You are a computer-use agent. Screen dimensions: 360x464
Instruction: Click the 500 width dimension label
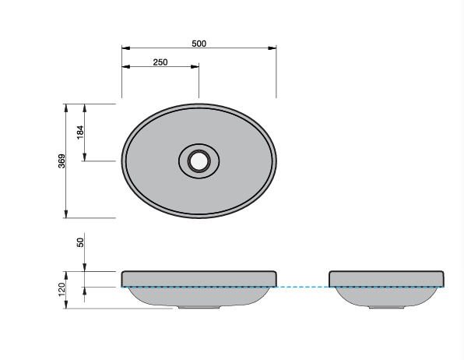coord(199,44)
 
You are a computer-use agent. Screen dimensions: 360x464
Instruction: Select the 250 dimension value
coord(160,62)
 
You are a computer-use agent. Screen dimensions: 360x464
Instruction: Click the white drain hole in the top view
coord(199,161)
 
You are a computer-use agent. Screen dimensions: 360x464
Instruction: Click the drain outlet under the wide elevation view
coord(199,307)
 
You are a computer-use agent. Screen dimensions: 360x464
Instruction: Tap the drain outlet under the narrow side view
coord(387,307)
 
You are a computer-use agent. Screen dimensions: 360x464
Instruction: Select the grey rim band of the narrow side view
coord(387,279)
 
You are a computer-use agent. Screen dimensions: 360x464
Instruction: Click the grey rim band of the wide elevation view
coord(199,279)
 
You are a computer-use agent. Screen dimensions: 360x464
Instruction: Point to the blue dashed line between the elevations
coord(304,288)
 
